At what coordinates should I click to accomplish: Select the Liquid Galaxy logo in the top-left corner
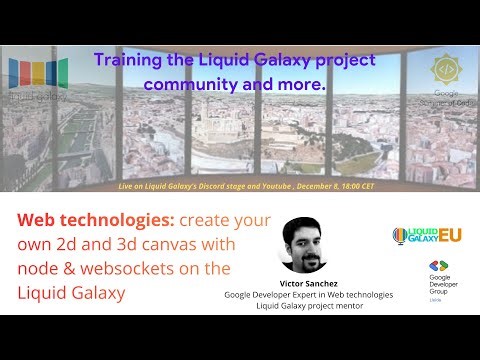(x=38, y=78)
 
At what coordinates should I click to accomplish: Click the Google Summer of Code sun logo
(x=445, y=71)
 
